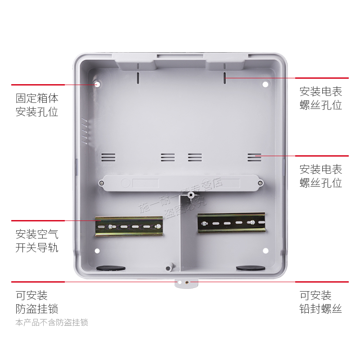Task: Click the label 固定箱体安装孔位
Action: (x=37, y=105)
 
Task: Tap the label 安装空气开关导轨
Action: (x=37, y=241)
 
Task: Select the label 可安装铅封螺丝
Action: (x=321, y=302)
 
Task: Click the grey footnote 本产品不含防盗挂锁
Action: (x=52, y=323)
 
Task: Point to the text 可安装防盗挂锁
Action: (x=37, y=302)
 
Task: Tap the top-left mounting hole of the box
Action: (x=97, y=84)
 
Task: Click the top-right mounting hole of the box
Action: (x=265, y=84)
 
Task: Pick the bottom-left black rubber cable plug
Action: (x=111, y=268)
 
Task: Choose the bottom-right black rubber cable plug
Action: (x=251, y=268)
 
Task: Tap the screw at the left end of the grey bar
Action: (x=102, y=183)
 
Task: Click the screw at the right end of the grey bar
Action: (x=260, y=183)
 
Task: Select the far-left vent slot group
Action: (x=108, y=157)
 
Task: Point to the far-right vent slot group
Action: (x=254, y=157)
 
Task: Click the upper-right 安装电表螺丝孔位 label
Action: (x=321, y=99)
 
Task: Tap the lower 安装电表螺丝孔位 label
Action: (x=321, y=176)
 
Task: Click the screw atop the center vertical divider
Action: (x=191, y=196)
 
